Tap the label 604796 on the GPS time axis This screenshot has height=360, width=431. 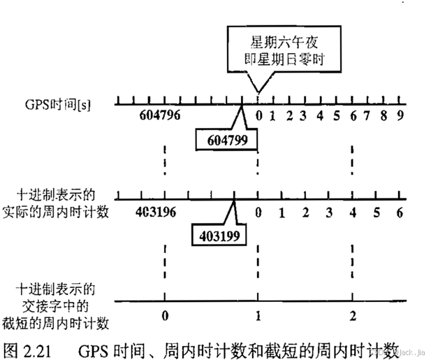click(160, 116)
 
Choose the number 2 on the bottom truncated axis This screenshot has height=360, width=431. click(353, 316)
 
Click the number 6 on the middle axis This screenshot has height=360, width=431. click(400, 212)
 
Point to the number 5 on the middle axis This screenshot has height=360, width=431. click(377, 212)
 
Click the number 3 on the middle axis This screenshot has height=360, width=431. click(329, 212)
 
